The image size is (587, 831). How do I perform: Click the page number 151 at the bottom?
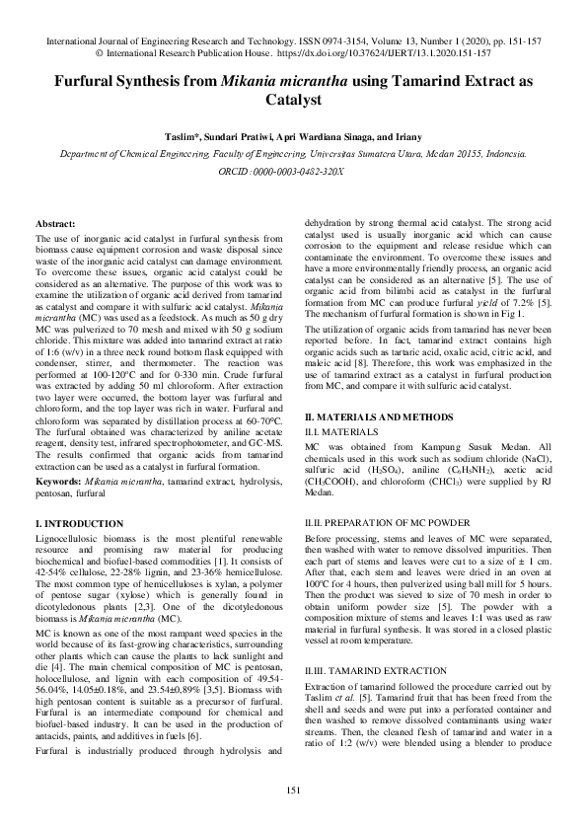tap(293, 790)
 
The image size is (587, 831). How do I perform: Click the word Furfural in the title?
tap(87, 84)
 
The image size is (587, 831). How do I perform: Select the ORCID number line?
tap(293, 171)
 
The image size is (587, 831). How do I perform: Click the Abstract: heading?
tap(57, 225)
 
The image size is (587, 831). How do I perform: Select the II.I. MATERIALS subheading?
tap(345, 431)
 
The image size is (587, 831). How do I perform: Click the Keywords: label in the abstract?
tap(58, 396)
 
